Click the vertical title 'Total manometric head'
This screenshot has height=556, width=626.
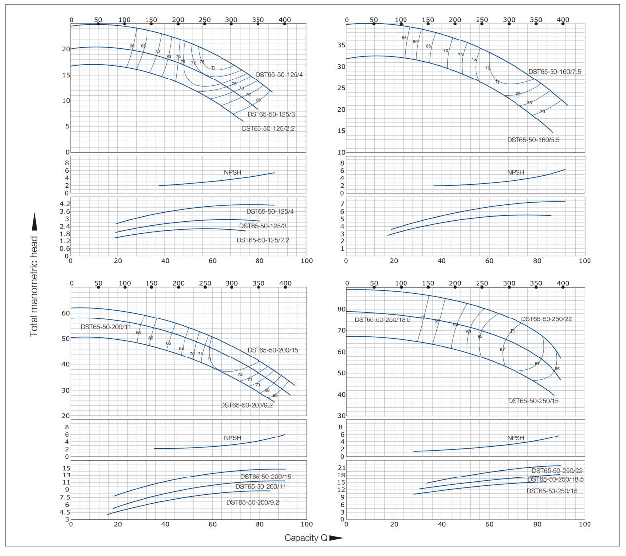pos(34,286)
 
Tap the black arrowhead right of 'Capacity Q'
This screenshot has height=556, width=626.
pos(336,538)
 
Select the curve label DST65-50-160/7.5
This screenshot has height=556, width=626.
pos(554,72)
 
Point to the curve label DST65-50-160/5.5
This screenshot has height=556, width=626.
pos(533,140)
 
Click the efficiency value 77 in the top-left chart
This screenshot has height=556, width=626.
pos(193,63)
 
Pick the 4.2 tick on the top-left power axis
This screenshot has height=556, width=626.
pos(64,204)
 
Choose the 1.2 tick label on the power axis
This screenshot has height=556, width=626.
pos(64,241)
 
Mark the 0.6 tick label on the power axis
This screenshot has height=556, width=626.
pos(64,248)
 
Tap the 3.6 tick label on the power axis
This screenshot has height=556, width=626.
pos(64,211)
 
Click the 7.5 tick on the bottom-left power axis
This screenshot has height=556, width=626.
pos(64,497)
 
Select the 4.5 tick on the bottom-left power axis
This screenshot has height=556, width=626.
pos(64,512)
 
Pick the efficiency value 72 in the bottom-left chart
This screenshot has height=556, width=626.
pos(240,374)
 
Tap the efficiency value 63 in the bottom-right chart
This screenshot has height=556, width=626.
pos(469,331)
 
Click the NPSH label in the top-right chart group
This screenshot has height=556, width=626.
pos(516,172)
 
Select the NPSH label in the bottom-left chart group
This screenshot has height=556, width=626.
pos(232,438)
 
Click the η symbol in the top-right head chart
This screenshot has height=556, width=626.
pos(497,81)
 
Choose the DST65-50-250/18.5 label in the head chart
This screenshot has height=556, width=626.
pos(382,320)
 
